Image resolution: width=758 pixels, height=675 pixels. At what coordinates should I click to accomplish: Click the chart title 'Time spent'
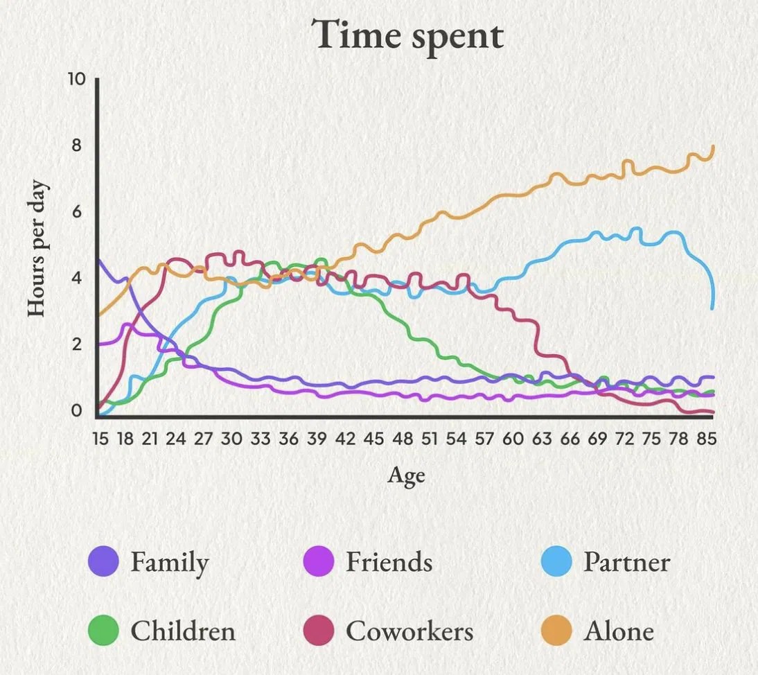pyautogui.click(x=406, y=34)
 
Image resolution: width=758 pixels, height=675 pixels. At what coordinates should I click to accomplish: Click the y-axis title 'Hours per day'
pyautogui.click(x=37, y=249)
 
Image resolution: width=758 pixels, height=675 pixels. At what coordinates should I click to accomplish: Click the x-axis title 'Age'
pyautogui.click(x=406, y=475)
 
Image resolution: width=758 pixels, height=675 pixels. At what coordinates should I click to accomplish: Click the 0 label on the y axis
pyautogui.click(x=76, y=411)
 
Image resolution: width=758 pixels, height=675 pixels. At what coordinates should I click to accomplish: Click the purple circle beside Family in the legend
pyautogui.click(x=105, y=561)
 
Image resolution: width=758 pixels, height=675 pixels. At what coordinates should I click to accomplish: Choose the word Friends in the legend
pyautogui.click(x=389, y=561)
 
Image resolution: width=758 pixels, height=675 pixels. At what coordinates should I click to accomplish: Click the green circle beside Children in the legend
pyautogui.click(x=105, y=631)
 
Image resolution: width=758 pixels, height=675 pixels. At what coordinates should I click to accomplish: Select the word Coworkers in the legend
pyautogui.click(x=409, y=631)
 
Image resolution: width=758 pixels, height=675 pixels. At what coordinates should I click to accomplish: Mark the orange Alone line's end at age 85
pyautogui.click(x=713, y=147)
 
